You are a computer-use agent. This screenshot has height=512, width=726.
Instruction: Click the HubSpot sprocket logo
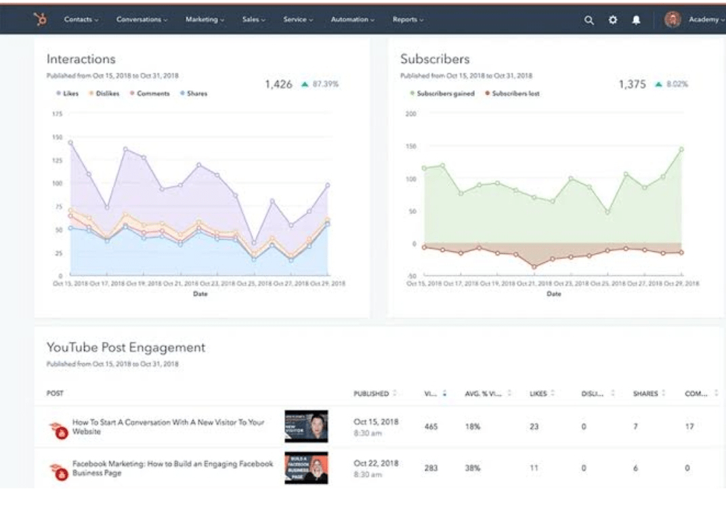(x=41, y=20)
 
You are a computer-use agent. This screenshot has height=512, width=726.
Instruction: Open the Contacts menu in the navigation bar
(x=81, y=20)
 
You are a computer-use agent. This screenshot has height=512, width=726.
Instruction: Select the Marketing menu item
(x=205, y=20)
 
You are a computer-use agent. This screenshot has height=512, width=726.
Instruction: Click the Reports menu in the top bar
(x=408, y=20)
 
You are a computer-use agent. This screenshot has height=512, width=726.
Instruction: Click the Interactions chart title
(x=81, y=59)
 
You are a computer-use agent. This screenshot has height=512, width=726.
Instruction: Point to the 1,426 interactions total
(x=278, y=84)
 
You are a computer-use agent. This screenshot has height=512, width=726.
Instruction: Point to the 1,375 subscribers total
(x=632, y=84)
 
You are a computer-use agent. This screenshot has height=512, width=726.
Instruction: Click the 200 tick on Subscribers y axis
(x=410, y=114)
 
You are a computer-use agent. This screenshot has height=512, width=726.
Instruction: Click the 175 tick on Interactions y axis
(x=57, y=114)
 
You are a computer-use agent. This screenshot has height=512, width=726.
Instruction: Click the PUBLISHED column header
(x=371, y=393)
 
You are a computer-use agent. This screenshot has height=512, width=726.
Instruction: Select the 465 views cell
(x=431, y=427)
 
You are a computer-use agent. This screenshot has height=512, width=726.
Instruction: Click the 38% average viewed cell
(x=472, y=467)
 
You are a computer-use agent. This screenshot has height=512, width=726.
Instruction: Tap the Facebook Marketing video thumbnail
(x=306, y=468)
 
